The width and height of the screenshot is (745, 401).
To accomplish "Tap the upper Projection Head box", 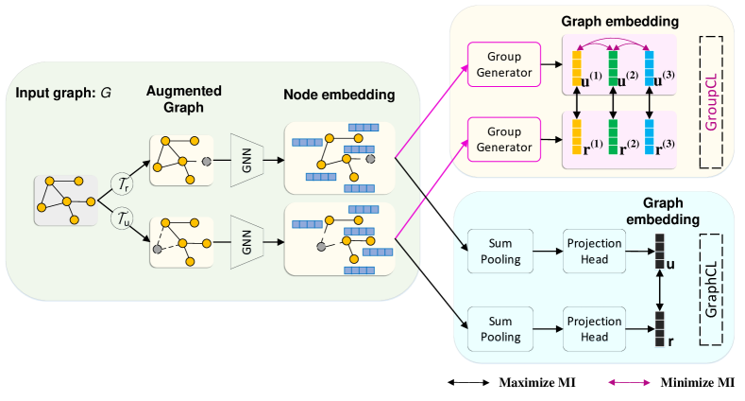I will coord(595,252).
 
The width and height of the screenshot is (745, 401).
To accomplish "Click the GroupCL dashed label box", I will coord(710,101).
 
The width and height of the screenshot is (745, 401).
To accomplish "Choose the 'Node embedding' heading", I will coord(339,95).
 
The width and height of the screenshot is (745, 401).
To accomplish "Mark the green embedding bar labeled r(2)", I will coord(613,136).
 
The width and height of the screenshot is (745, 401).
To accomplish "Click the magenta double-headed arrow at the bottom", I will coord(628,382).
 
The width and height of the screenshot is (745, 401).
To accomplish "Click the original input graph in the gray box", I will coord(65,199).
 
